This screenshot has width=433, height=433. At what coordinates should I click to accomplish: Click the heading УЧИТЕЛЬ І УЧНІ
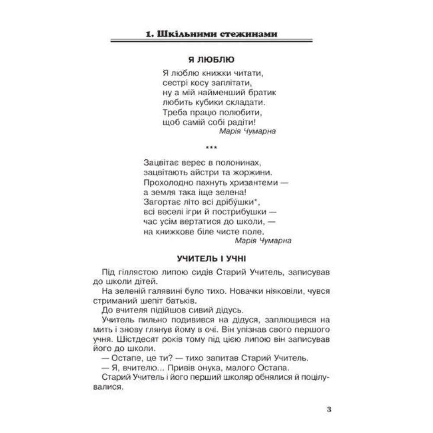[x=212, y=259]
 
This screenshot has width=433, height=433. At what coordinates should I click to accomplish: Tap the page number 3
[x=329, y=409]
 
